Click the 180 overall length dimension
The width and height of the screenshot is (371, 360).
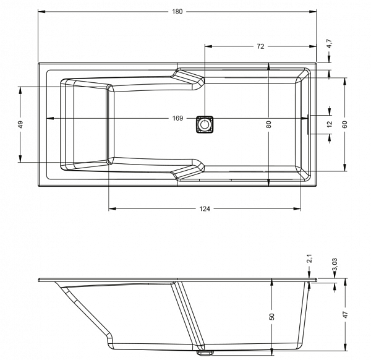(x=177, y=11)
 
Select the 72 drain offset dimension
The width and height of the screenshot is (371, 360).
(x=260, y=46)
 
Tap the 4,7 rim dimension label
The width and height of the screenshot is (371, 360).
(x=330, y=44)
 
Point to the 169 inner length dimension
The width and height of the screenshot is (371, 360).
(x=177, y=118)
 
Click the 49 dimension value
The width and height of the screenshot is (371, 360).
(x=20, y=124)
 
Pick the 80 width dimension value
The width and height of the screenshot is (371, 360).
(x=268, y=124)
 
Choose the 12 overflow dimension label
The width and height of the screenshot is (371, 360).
(x=330, y=124)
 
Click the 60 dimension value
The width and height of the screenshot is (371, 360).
(x=344, y=124)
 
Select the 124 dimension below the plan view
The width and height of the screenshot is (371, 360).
(x=205, y=208)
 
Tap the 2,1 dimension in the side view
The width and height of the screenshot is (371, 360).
(x=310, y=259)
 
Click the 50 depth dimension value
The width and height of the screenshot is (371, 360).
(x=272, y=317)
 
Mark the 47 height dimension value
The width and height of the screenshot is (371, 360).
(x=346, y=315)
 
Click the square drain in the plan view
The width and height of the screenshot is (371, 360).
(x=205, y=124)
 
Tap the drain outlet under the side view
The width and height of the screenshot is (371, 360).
(x=205, y=353)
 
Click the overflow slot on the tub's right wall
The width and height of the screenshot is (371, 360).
(x=308, y=124)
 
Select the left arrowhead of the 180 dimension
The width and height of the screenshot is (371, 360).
(x=41, y=11)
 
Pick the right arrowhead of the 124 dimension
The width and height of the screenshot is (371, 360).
(x=297, y=208)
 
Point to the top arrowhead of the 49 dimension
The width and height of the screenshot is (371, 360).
(x=20, y=90)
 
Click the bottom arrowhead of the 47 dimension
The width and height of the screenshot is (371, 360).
(x=346, y=347)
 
